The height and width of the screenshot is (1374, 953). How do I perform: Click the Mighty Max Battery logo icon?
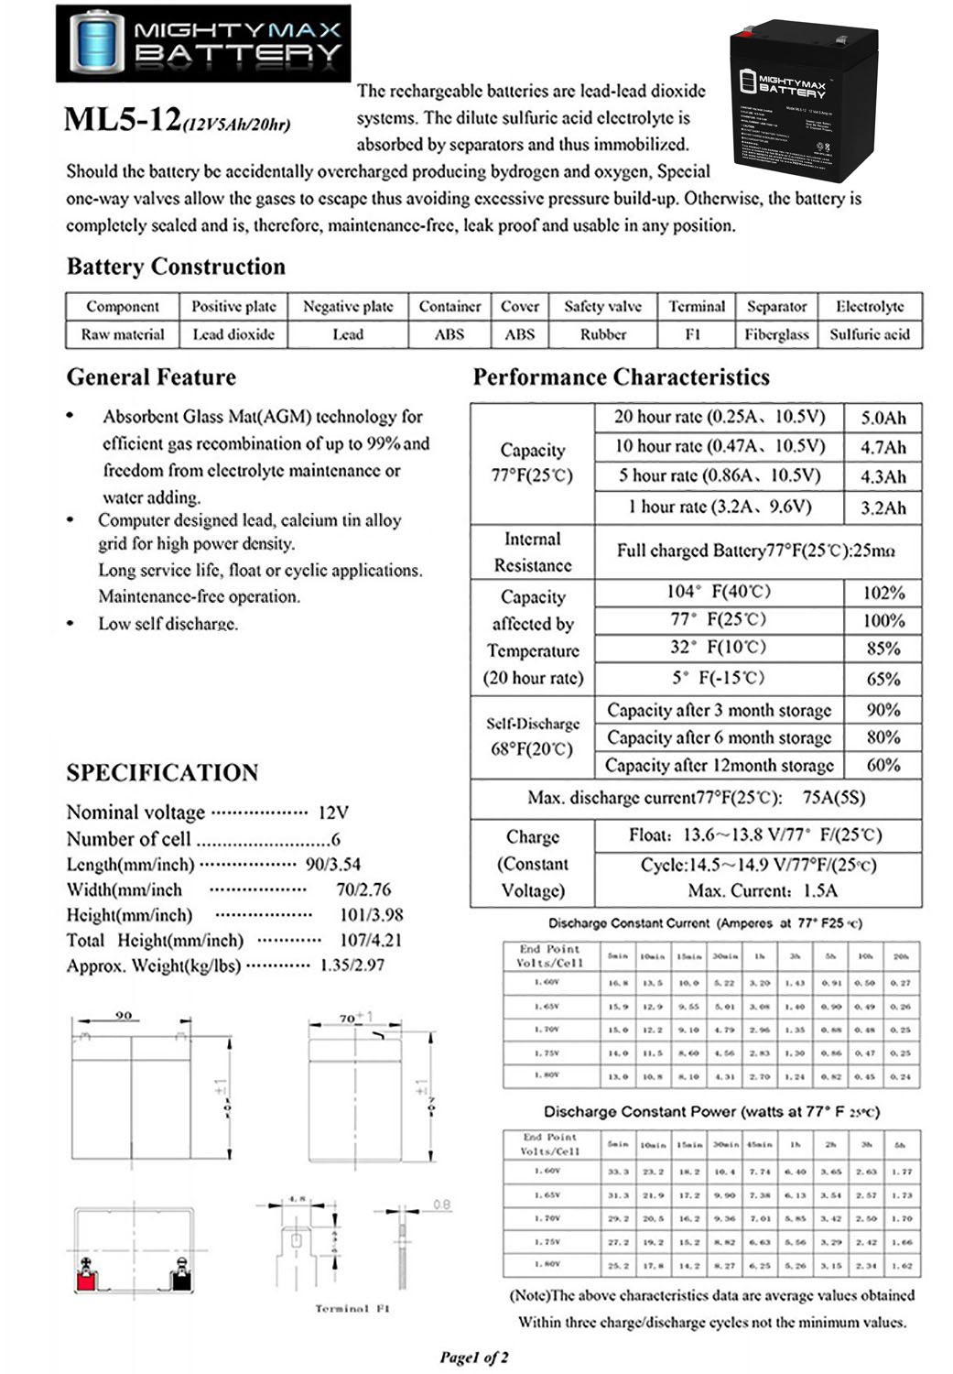tap(96, 43)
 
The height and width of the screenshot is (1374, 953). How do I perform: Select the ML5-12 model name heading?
tap(123, 120)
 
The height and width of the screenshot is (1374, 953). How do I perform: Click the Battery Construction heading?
tap(176, 267)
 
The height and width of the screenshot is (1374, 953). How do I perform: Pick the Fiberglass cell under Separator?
tap(776, 334)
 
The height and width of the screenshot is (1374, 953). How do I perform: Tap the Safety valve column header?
tap(602, 306)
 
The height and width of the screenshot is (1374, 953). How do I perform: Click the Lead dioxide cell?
tap(233, 334)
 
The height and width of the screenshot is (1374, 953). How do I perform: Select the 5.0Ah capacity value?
tap(883, 418)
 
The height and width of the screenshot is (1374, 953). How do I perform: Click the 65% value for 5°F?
tap(883, 679)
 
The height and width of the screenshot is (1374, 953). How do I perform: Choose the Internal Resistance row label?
tap(532, 551)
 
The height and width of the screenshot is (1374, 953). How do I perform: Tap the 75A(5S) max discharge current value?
tap(833, 797)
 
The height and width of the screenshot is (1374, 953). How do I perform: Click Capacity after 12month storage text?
tap(719, 765)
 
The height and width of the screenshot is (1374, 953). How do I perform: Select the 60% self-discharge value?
tap(883, 765)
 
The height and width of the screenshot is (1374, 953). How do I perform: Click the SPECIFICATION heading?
tap(162, 772)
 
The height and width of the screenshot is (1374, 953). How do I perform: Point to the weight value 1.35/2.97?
tap(352, 965)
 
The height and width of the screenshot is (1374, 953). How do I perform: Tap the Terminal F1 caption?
tap(352, 1309)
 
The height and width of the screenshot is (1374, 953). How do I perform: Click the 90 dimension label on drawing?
tap(124, 1015)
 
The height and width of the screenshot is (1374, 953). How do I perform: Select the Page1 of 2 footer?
tap(473, 1357)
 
